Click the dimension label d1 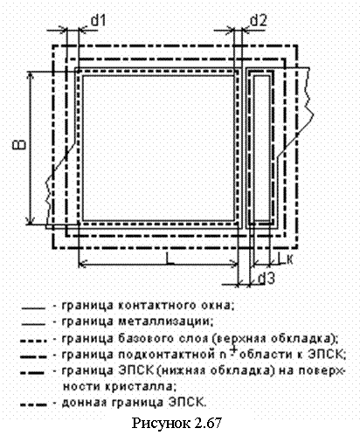[x=98, y=21]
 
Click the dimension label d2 [x=258, y=21]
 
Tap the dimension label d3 [x=267, y=279]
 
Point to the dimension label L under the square [x=170, y=259]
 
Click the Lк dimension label [x=285, y=259]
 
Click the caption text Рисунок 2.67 [x=177, y=423]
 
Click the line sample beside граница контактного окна [x=33, y=307]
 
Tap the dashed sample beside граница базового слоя [x=33, y=340]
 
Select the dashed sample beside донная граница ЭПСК [x=33, y=404]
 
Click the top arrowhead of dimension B [x=31, y=74]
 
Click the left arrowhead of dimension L [x=82, y=265]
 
